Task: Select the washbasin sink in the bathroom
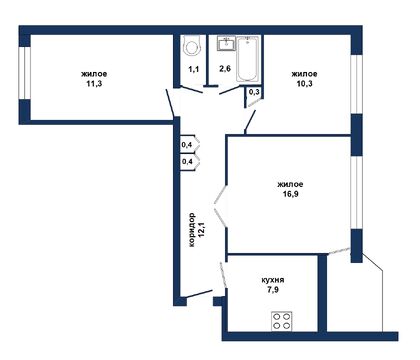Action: click(x=226, y=43)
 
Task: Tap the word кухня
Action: click(x=270, y=282)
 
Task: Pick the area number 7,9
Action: click(x=270, y=294)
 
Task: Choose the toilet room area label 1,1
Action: click(x=193, y=70)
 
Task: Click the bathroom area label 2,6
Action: click(x=224, y=70)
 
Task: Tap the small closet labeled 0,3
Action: click(x=254, y=93)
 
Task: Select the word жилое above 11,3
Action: click(x=95, y=74)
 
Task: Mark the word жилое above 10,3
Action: click(x=304, y=74)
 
